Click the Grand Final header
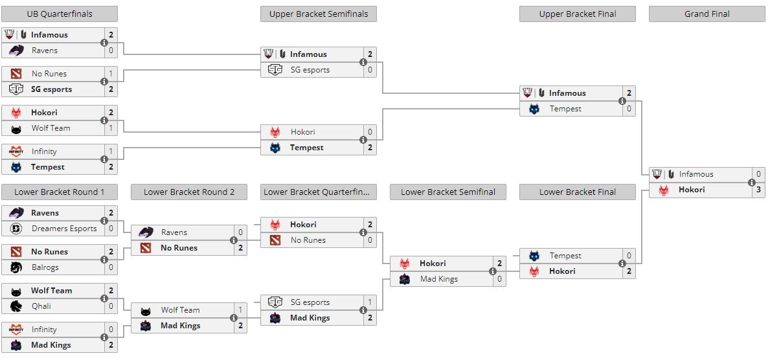[707, 14]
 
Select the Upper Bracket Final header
[578, 14]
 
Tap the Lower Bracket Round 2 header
[189, 192]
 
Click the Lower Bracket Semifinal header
[448, 192]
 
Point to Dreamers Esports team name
[64, 229]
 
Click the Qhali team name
[41, 306]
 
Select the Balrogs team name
[45, 267]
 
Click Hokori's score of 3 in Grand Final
[758, 190]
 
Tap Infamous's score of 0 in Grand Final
[758, 174]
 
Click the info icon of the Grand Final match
[752, 182]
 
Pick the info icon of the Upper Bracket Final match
[622, 101]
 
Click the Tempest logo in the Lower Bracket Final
[534, 256]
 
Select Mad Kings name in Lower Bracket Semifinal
[438, 279]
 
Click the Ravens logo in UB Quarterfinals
[16, 51]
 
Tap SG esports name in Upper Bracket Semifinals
[310, 70]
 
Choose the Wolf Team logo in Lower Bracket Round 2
[146, 311]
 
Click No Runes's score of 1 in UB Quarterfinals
[111, 74]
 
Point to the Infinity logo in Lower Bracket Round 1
[16, 329]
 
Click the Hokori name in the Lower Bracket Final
[562, 271]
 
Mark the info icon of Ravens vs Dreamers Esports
[104, 221]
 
